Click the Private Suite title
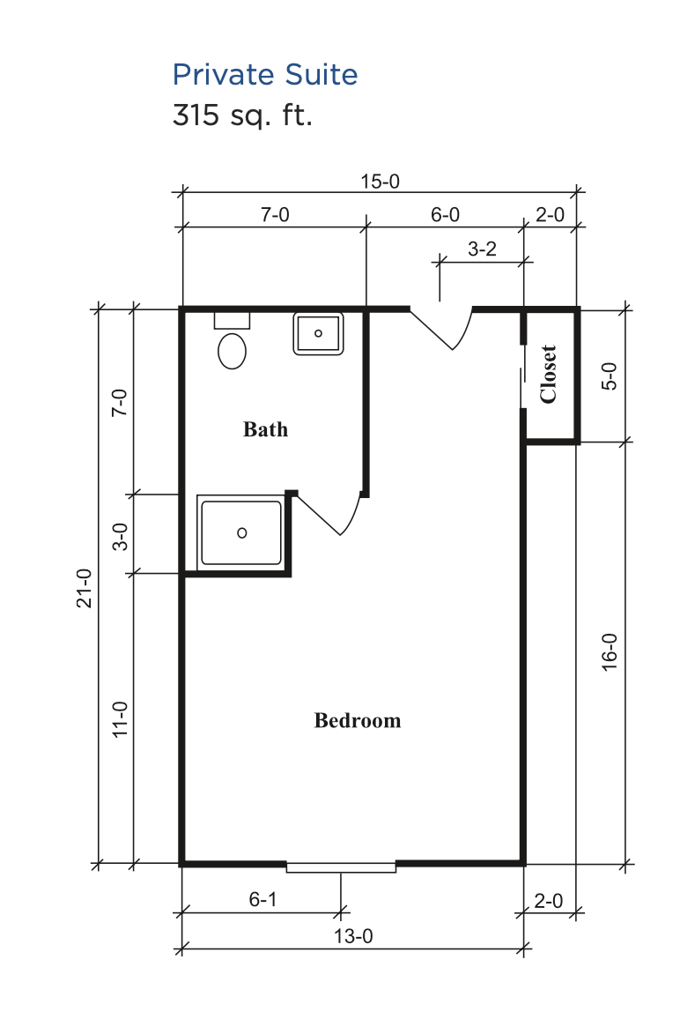coord(265,75)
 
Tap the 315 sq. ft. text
coord(242,115)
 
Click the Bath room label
coord(265,429)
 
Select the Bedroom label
coord(358,720)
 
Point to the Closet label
coord(549,375)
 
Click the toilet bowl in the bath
coord(232,350)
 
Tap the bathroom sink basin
coord(318,333)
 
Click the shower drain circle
coord(241,533)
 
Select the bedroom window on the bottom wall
coord(341,867)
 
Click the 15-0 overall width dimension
coord(380,182)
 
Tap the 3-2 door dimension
coord(482,249)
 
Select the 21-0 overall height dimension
coord(85,588)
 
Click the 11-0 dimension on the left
coord(120,719)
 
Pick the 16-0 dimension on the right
coord(610,651)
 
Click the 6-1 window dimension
coord(262,899)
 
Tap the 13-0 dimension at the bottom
coord(353,936)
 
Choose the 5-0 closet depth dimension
coord(610,376)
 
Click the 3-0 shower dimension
coord(120,537)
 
